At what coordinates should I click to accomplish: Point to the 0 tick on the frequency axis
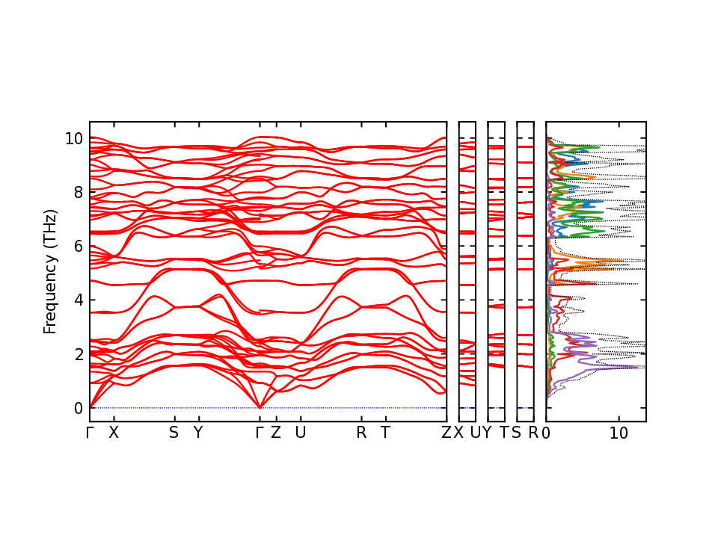point(77,408)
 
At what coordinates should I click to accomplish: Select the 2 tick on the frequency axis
point(77,354)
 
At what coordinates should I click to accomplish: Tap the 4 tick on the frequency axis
point(77,300)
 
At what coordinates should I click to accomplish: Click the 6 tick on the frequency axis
point(77,246)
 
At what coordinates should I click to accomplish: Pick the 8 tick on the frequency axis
point(77,192)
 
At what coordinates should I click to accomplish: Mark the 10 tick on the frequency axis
point(73,138)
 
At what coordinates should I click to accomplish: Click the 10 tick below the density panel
point(619,433)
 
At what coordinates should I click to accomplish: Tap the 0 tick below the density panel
point(547,433)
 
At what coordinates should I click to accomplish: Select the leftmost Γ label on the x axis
point(90,433)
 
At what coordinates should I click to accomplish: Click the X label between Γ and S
point(114,433)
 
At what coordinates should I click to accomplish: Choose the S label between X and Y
point(174,433)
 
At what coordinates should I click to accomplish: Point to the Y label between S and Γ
point(198,433)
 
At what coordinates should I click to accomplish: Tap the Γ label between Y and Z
point(260,433)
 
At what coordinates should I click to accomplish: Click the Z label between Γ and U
point(275,433)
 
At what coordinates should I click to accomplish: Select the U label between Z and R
point(301,433)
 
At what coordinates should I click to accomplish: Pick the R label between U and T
point(361,433)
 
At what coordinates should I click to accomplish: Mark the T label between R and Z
point(385,433)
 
